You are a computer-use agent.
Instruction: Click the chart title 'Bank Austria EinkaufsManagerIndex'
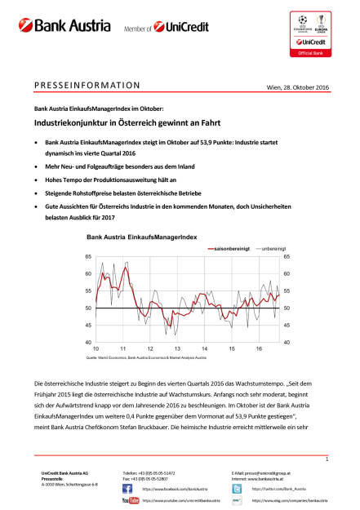tap(140, 237)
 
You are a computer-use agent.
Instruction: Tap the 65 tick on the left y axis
tap(88, 256)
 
